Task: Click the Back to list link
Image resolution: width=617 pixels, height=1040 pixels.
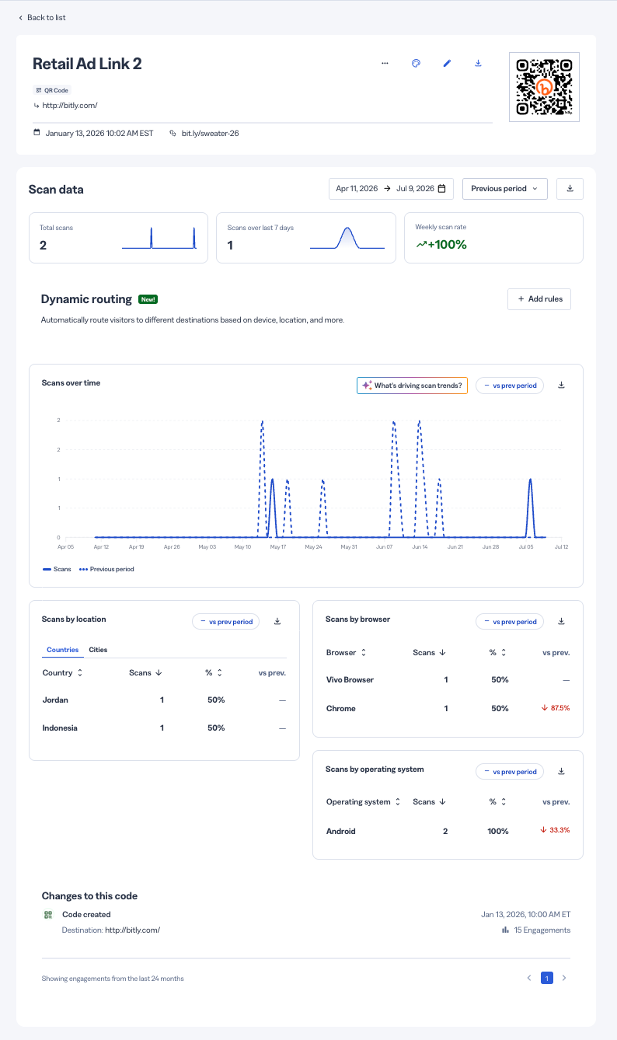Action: [x=42, y=18]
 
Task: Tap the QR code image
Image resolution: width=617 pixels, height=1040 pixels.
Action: [x=544, y=87]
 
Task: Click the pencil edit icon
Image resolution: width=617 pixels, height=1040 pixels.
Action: [x=447, y=63]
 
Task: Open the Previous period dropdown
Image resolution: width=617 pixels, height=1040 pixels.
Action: [x=504, y=189]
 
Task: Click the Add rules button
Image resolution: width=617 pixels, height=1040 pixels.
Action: [x=539, y=299]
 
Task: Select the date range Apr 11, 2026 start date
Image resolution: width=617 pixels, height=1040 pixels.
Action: [x=357, y=189]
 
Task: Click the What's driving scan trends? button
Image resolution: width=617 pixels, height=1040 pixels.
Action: [x=412, y=386]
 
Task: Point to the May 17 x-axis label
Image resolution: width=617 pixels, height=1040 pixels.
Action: [x=278, y=547]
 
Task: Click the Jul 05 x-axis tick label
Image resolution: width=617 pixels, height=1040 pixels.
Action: [x=526, y=547]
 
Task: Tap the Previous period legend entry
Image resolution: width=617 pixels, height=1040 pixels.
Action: [x=106, y=569]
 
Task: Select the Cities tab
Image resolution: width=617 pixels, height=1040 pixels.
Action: [x=98, y=650]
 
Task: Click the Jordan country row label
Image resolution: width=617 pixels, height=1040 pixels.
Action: [x=55, y=700]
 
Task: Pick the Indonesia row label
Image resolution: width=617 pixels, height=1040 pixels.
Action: [x=60, y=728]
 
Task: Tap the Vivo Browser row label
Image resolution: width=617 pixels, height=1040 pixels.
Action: [x=350, y=679]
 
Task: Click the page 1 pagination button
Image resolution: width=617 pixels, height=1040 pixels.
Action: [x=547, y=978]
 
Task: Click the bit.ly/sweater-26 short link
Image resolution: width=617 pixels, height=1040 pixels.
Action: [x=210, y=133]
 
